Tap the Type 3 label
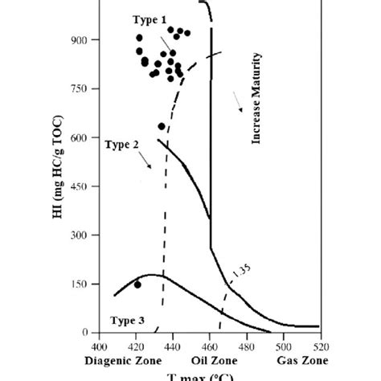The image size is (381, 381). (x=124, y=320)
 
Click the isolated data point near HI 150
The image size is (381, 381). (x=137, y=285)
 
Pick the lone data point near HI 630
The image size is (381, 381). (x=162, y=126)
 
